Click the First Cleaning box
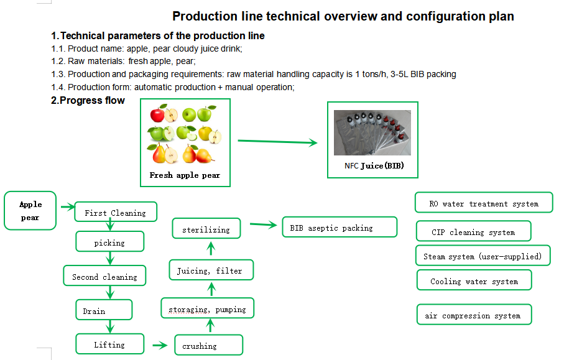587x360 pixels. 116,212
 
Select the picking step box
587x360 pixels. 109,241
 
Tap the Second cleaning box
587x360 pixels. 104,275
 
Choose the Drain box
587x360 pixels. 104,310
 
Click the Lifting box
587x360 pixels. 109,344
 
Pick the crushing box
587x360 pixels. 208,344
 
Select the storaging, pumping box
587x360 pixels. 208,308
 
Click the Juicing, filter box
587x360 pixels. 211,270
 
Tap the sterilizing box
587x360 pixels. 206,228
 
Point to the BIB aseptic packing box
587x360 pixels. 340,227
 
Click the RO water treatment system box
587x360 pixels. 484,203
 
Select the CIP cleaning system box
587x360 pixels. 474,231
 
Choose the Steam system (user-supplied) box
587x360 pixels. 483,256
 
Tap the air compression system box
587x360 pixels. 474,315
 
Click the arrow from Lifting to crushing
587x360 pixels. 160,345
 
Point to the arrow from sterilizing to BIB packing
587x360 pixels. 263,224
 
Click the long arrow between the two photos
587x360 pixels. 277,142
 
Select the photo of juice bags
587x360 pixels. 372,132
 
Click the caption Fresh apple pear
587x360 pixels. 185,175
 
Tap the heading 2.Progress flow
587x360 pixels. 88,100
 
